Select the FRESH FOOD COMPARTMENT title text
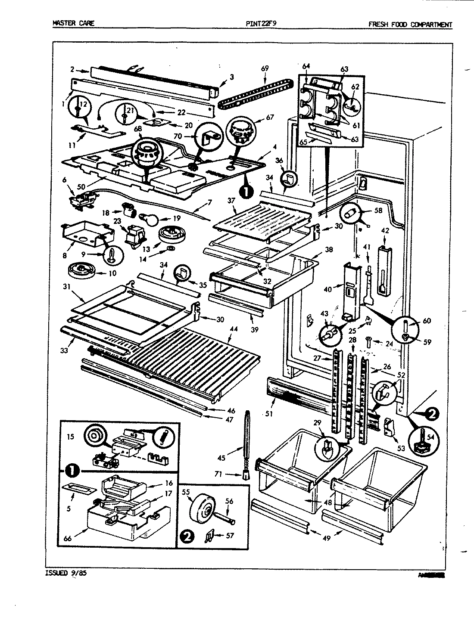point(410,25)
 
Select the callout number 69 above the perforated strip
point(265,68)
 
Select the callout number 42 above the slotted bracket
point(385,231)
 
